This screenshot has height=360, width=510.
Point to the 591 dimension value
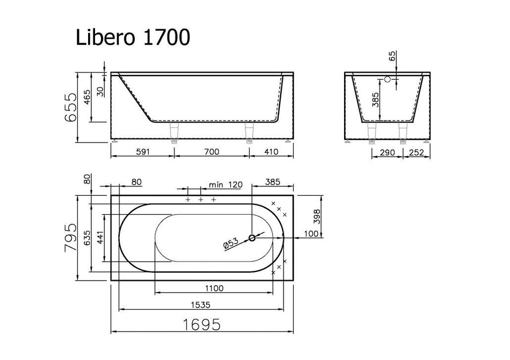coord(142,152)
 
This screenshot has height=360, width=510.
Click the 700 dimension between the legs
coord(212,152)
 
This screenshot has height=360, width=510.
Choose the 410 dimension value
coord(271,152)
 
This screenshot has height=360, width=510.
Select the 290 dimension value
coord(387,152)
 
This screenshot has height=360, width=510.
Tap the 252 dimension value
coord(416,152)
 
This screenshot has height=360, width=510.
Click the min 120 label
coord(226,185)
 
